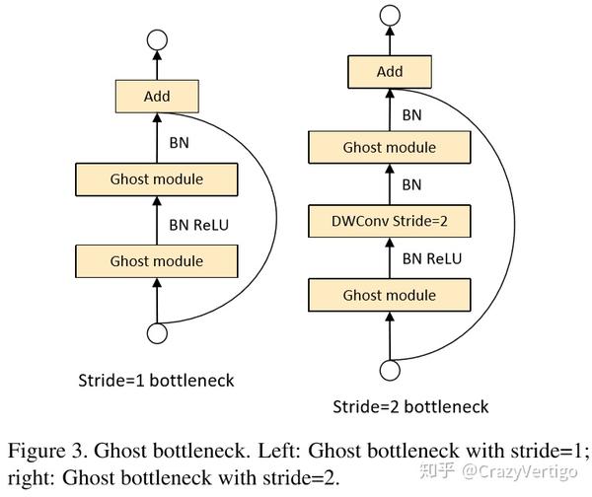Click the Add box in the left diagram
157,97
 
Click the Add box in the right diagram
390,72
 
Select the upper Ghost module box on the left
157,179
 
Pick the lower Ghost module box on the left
157,261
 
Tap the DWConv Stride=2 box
389,220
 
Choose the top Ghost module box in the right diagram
389,147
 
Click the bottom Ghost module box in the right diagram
389,295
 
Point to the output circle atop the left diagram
156,40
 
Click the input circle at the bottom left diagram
156,333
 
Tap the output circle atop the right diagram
390,16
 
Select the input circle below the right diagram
390,369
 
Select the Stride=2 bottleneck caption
409,406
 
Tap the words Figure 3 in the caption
49,452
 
